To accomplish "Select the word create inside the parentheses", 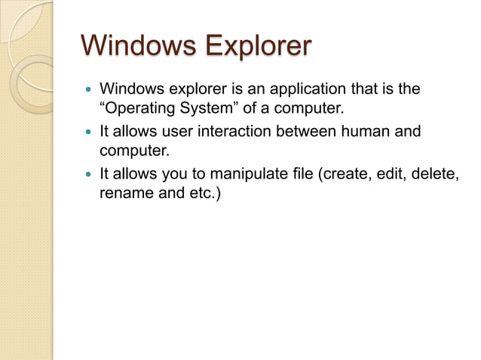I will [343, 175].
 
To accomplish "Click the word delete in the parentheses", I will [436, 175].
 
